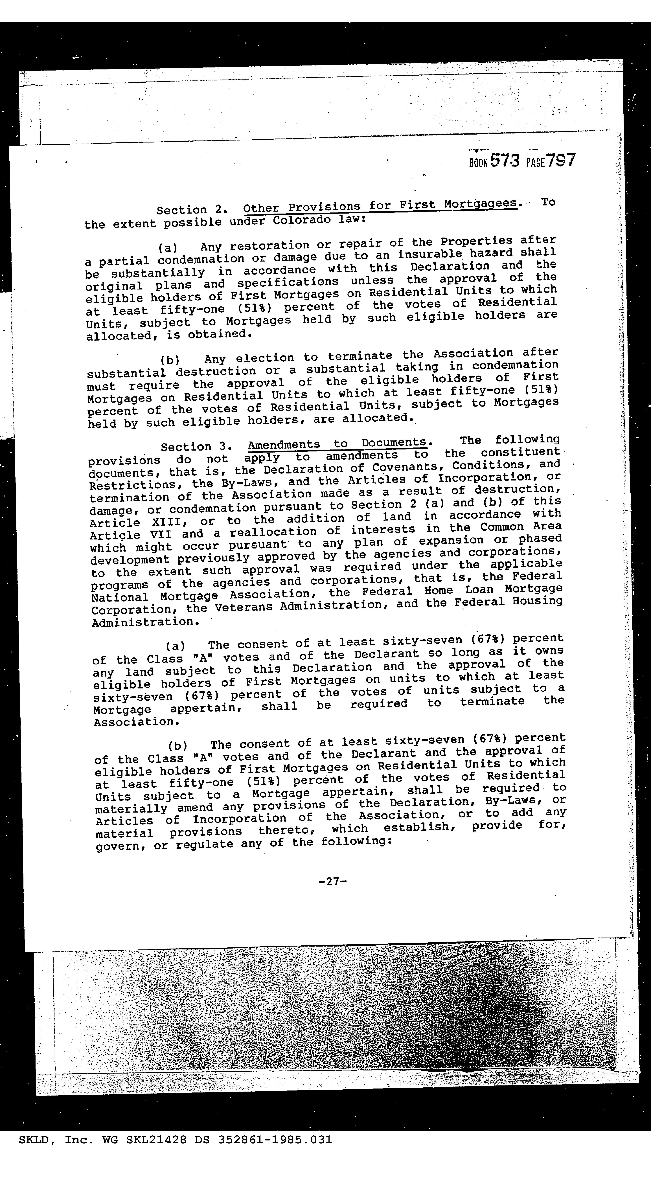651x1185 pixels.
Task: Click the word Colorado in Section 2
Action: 301,220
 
